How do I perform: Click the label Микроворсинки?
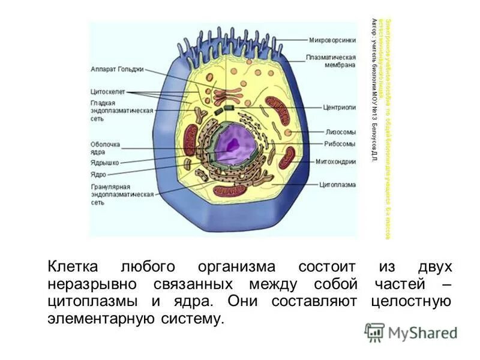[x=329, y=41]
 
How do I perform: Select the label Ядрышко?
[x=104, y=162]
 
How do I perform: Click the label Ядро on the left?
[x=98, y=174]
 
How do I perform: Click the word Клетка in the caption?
[x=73, y=266]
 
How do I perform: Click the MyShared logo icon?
[x=374, y=332]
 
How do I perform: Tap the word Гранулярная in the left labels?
[x=110, y=187]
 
